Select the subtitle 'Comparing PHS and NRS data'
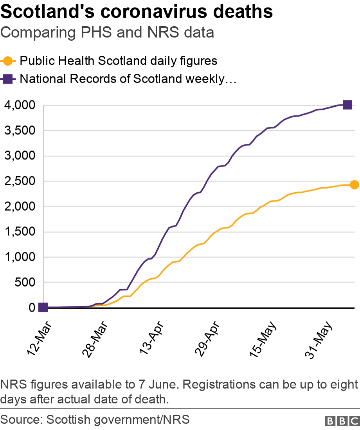[107, 32]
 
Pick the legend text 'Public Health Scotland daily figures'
[118, 61]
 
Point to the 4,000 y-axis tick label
[20, 106]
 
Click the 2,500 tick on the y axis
[20, 181]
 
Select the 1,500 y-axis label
[20, 232]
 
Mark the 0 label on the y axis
[32, 308]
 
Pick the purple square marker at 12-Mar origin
[43, 308]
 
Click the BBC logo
[342, 421]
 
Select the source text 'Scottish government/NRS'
[118, 420]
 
